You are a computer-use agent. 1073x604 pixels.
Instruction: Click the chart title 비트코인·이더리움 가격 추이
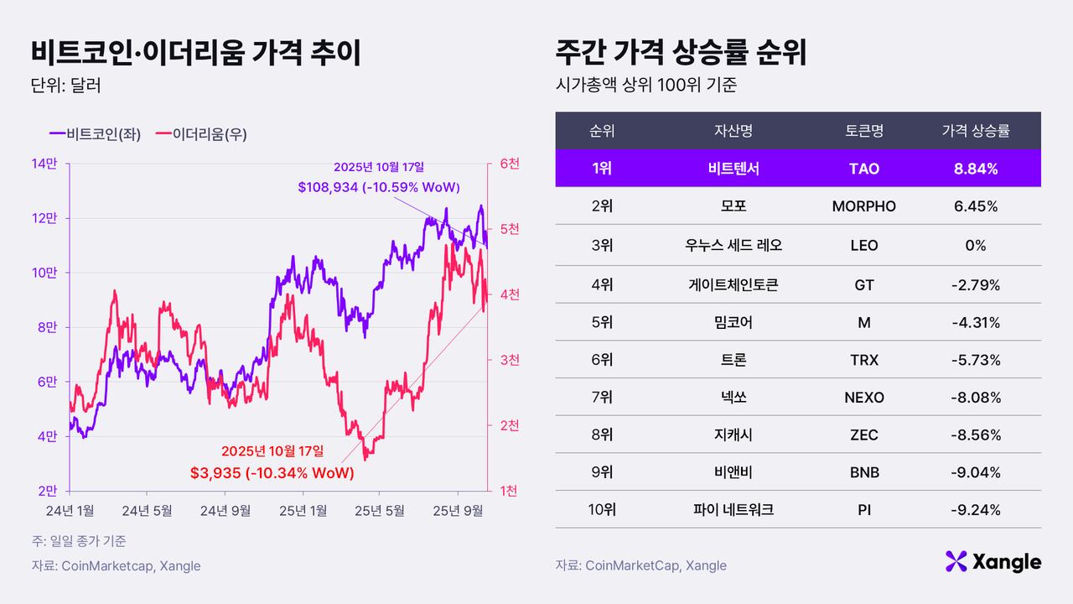195,52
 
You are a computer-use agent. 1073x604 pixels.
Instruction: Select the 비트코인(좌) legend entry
95,133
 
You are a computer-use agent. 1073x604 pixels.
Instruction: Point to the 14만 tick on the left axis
45,164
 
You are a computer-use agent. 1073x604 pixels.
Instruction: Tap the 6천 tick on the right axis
509,164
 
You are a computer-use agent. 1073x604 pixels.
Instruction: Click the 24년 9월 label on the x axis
226,509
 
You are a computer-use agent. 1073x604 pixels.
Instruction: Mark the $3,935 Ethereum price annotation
272,473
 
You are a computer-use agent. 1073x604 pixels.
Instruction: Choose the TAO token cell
863,169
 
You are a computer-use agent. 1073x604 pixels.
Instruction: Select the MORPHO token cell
863,206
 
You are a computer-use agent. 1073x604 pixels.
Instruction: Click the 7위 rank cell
601,398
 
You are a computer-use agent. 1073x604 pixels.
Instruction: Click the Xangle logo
993,561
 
